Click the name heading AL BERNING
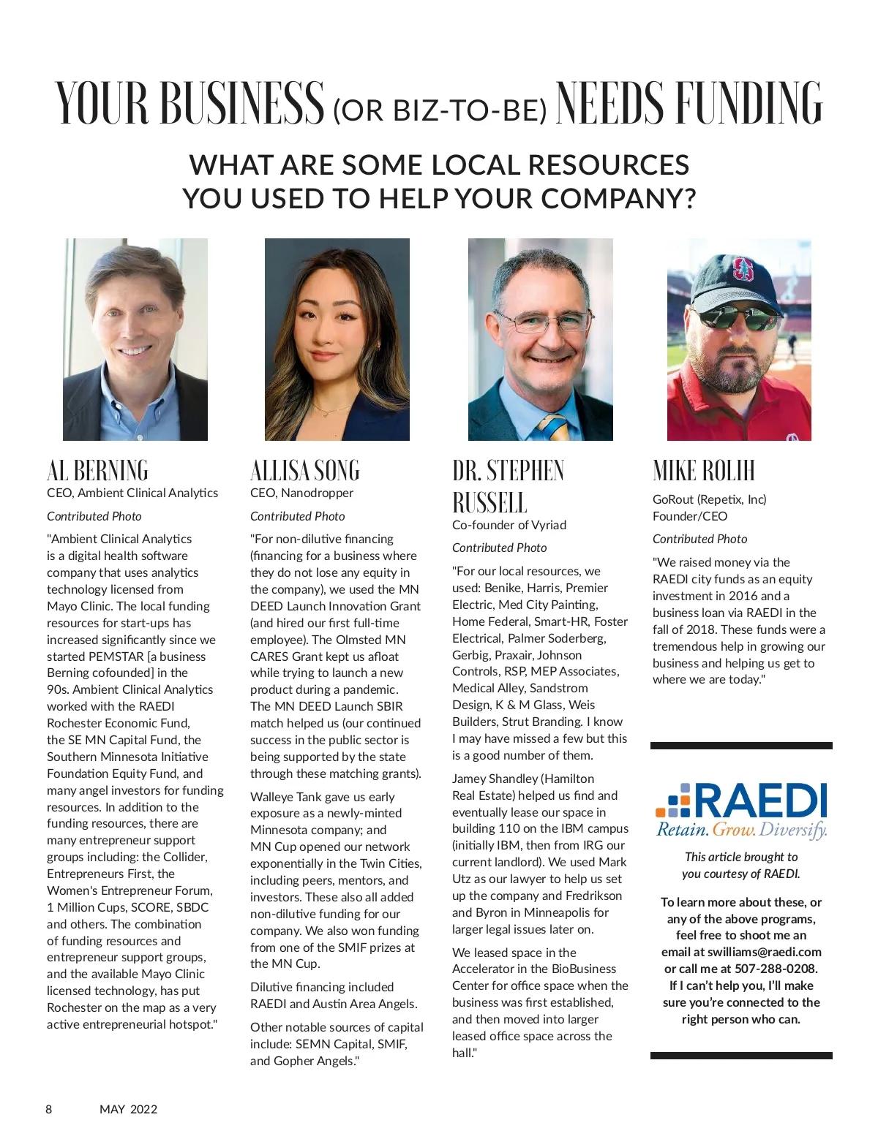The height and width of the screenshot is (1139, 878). point(97,470)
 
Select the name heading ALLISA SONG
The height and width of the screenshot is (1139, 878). point(305,470)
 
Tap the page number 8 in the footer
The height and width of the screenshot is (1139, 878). point(49,1109)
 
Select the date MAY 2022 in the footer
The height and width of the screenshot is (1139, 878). point(128,1109)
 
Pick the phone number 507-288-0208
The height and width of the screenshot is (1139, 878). point(778,969)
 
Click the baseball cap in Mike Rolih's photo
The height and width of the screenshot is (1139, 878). point(736,277)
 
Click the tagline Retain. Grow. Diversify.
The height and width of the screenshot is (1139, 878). point(741,830)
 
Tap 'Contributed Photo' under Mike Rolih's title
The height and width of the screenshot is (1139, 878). point(699,540)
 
